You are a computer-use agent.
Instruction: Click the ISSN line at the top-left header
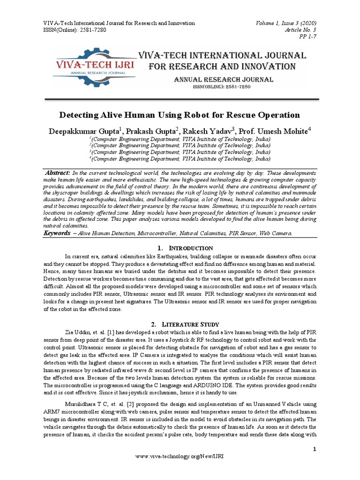[75, 30]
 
